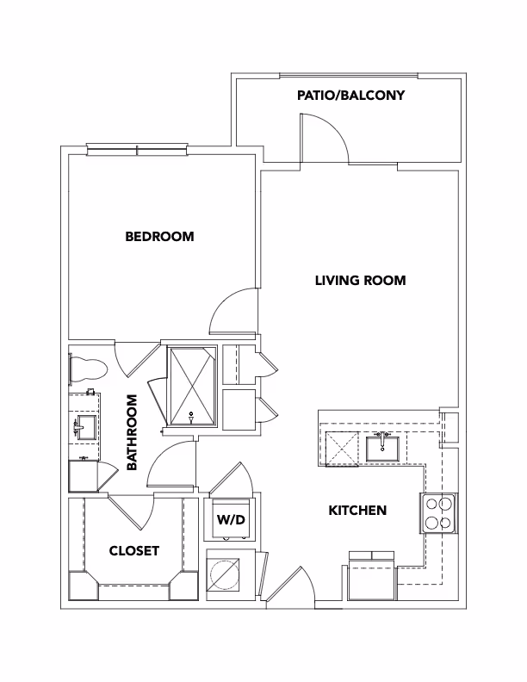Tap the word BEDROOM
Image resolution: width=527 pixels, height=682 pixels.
(x=159, y=236)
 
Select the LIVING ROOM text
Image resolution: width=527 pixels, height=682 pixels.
(x=359, y=280)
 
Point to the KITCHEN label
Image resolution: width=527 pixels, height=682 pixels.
(x=357, y=511)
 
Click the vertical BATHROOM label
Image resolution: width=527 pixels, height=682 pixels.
(x=133, y=432)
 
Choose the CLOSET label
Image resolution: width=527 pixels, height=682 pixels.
(x=133, y=551)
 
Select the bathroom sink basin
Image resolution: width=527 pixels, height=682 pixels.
(x=84, y=425)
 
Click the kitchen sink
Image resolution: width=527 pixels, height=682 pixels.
(x=381, y=448)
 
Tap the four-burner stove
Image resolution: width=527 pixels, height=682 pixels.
(x=437, y=514)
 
